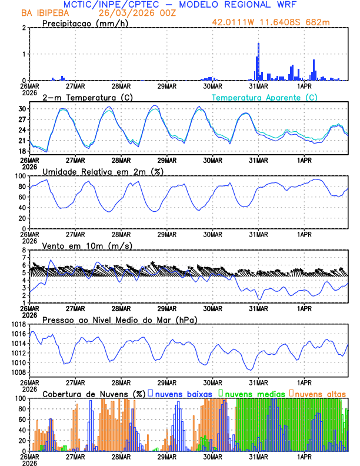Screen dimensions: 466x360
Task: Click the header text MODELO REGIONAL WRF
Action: pos(244,4)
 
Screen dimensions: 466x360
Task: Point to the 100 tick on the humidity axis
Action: pos(21,176)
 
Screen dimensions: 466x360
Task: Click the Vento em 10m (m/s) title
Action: pos(87,245)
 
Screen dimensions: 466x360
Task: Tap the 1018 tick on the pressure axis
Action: pos(18,324)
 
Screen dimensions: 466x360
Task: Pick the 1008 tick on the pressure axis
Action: pos(18,372)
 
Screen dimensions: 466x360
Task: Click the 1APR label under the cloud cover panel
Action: pos(305,457)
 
